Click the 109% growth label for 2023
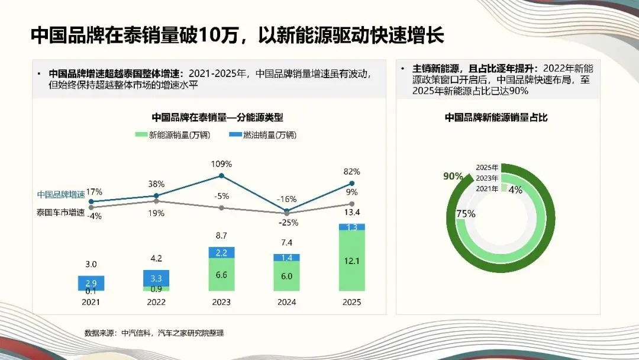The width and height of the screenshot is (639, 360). point(221,163)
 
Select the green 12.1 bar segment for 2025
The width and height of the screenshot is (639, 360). point(352,261)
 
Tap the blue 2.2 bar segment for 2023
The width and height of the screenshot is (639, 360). point(221,253)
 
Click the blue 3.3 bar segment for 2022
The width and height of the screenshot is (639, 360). point(156,278)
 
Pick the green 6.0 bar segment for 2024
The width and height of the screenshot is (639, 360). point(287,276)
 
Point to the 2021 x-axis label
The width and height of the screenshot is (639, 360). point(91,301)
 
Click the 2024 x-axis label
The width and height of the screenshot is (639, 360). point(287,301)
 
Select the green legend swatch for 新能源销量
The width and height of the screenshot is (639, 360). point(141,135)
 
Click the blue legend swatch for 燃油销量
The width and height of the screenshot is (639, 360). point(235,135)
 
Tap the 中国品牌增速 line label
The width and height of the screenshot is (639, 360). point(61,194)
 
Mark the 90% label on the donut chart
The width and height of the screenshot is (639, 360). point(453,176)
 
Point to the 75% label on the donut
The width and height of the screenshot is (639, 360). point(466,214)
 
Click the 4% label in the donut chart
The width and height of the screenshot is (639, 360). point(515,189)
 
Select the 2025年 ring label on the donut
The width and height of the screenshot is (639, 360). point(487,168)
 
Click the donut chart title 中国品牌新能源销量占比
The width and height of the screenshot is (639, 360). point(496,117)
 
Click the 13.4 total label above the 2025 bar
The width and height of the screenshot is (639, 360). point(352,213)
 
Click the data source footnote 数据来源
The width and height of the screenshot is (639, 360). point(154,333)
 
